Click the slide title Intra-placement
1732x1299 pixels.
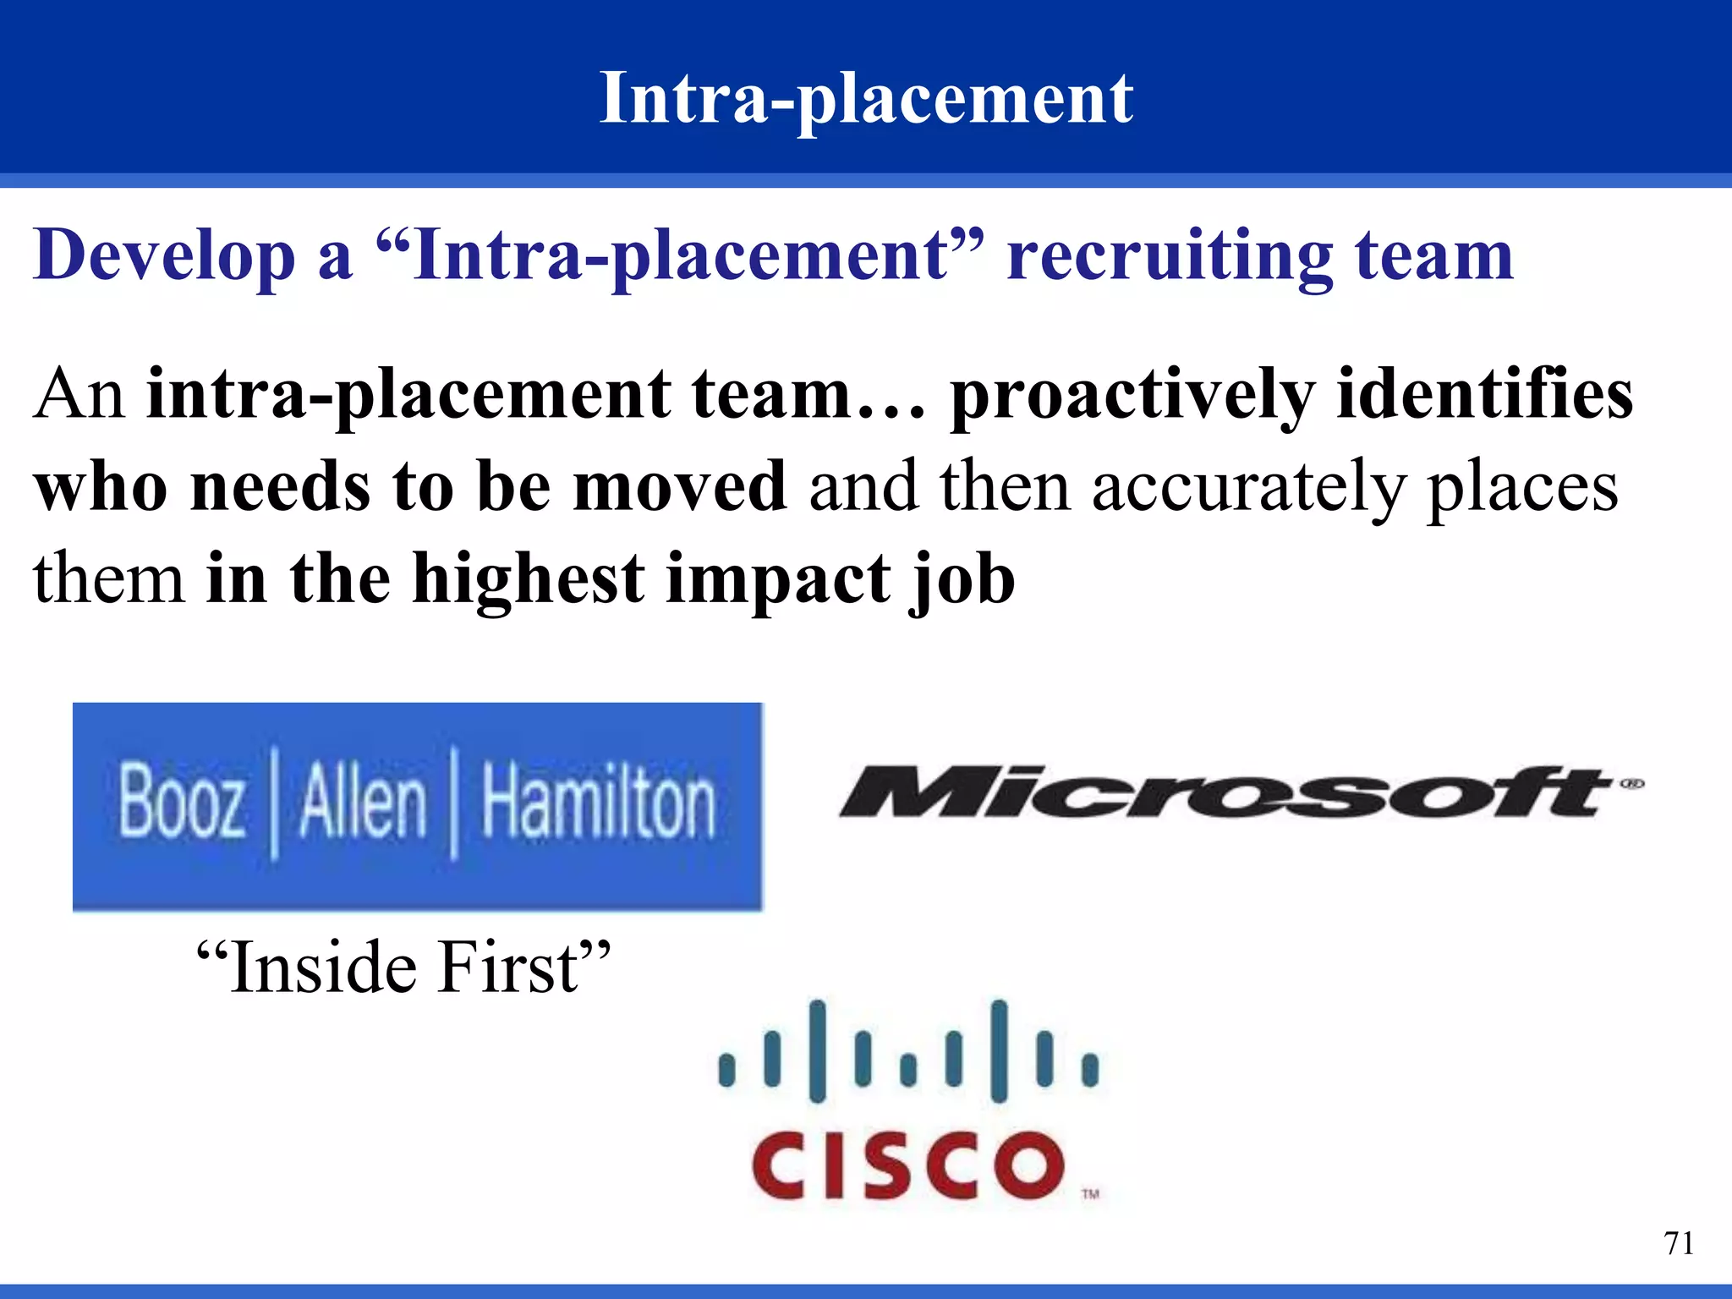pos(866,99)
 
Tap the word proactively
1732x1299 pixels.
pos(1132,397)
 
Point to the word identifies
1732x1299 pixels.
pos(1484,393)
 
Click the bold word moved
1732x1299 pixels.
pos(680,486)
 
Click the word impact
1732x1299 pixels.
pos(777,582)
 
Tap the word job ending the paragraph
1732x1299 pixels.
pos(962,582)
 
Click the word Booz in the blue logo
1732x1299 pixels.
pos(182,802)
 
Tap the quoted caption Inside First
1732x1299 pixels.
pos(403,967)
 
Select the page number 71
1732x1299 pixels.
pos(1678,1243)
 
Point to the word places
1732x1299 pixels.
pos(1522,489)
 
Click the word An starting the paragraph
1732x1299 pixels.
pos(79,395)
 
